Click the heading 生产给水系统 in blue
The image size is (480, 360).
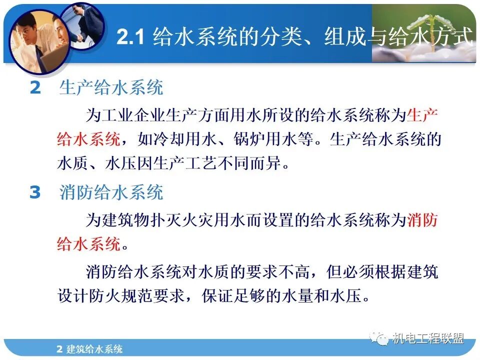(x=111, y=88)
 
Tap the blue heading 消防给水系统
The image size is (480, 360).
(x=111, y=192)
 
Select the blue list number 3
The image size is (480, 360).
(x=34, y=192)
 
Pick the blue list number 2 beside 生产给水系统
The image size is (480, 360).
(x=34, y=88)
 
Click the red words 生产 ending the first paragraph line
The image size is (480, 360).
(x=422, y=115)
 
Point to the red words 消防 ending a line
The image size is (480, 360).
(x=422, y=220)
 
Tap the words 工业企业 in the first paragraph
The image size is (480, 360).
(x=132, y=115)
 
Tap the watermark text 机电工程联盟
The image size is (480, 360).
(x=427, y=338)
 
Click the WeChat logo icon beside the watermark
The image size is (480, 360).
(x=381, y=338)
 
